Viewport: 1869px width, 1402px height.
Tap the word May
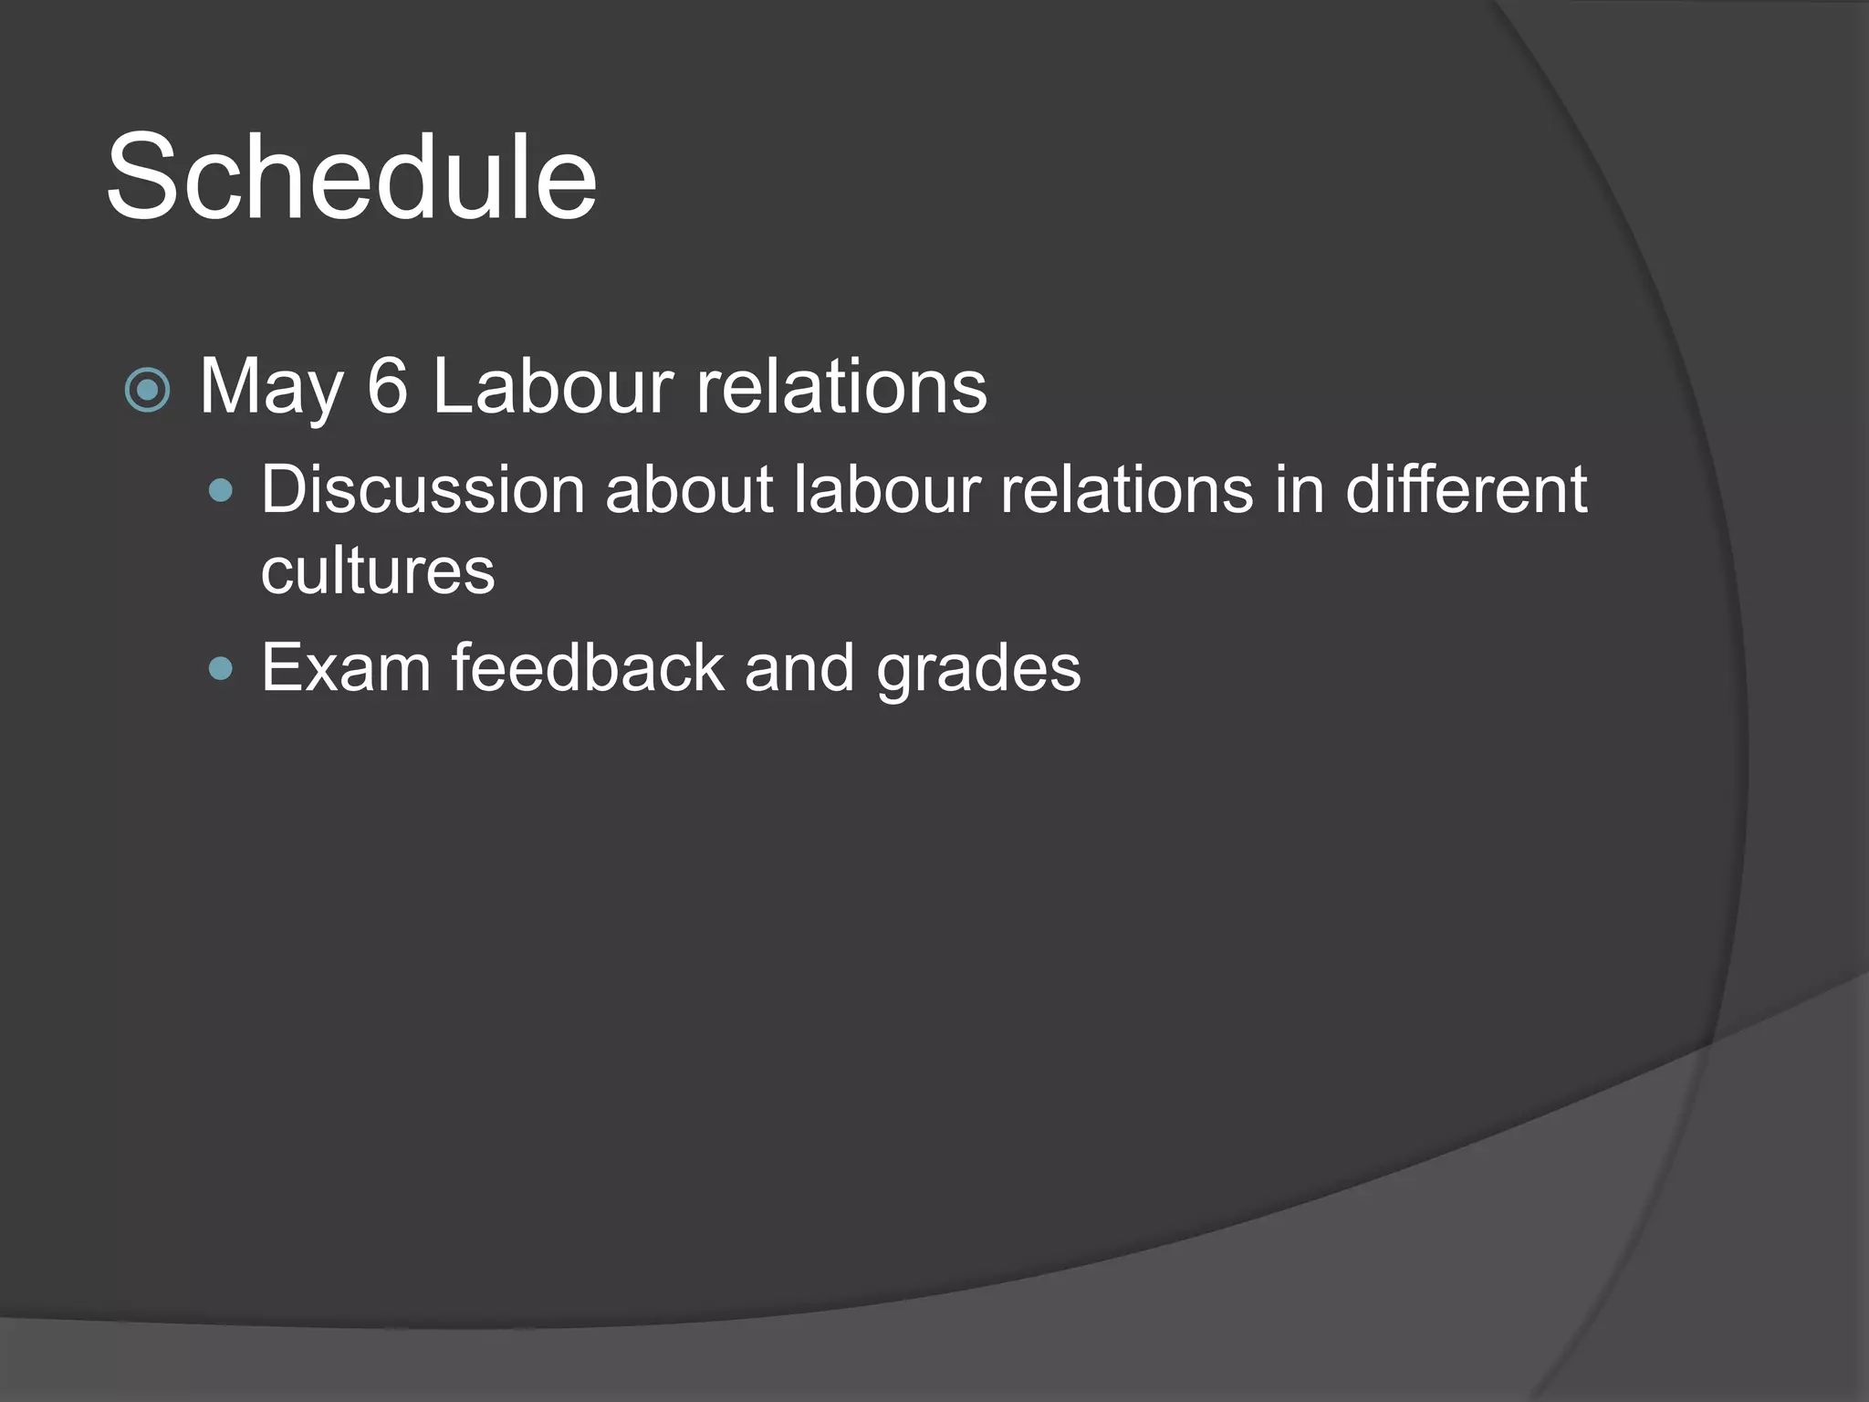(x=271, y=388)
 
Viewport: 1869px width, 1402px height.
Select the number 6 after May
(x=387, y=386)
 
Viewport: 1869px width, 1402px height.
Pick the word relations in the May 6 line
(x=841, y=386)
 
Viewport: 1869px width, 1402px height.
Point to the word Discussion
(x=423, y=490)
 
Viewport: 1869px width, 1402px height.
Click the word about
(x=689, y=490)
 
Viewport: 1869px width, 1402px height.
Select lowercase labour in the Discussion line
(x=886, y=490)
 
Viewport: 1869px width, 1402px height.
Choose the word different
(x=1467, y=490)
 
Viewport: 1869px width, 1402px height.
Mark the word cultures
(x=378, y=571)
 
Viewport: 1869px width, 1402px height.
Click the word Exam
(x=346, y=667)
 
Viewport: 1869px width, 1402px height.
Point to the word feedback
(x=588, y=667)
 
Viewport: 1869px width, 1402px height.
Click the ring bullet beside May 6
(x=147, y=391)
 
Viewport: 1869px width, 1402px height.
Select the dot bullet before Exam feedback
(x=221, y=670)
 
